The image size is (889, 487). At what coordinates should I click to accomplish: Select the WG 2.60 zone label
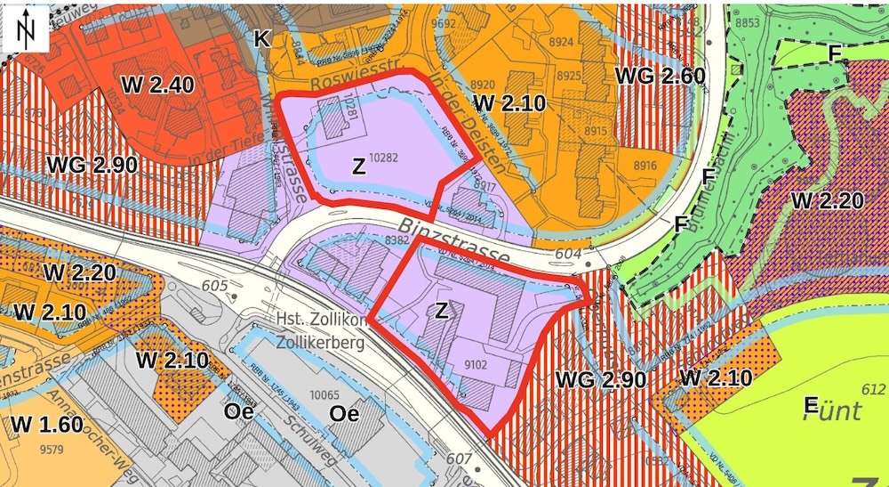click(660, 75)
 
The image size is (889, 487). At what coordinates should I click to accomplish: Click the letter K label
click(260, 38)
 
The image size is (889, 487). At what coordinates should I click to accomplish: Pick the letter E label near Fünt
click(811, 406)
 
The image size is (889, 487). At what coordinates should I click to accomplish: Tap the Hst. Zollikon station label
click(321, 321)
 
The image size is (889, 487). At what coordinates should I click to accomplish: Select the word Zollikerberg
click(321, 343)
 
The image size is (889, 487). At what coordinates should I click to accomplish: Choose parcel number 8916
click(646, 166)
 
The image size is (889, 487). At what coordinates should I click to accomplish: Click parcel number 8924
click(562, 42)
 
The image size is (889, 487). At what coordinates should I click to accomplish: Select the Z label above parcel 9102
click(441, 310)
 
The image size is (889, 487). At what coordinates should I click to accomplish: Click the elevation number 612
click(873, 390)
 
